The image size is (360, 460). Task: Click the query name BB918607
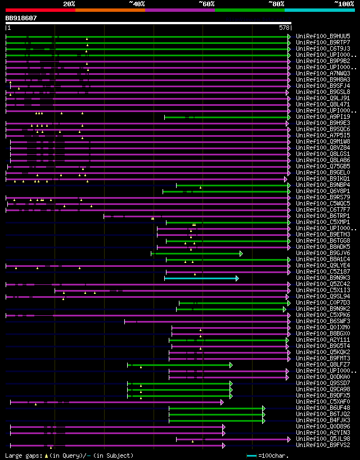point(21,18)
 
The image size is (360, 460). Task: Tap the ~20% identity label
point(69,3)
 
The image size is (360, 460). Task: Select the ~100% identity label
point(344,3)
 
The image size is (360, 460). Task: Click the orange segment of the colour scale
point(110,10)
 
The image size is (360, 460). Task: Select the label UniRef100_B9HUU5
point(323,36)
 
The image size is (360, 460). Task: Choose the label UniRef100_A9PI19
point(323,117)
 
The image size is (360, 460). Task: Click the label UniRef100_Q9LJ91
point(323,98)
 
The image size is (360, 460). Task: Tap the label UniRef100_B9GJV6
point(323,253)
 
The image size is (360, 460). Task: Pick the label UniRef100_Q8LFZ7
point(323,365)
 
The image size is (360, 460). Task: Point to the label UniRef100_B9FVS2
point(323,445)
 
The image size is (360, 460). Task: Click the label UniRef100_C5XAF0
point(323,402)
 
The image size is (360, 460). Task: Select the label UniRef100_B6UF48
point(323,408)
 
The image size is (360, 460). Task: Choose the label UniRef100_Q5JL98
point(323,439)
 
